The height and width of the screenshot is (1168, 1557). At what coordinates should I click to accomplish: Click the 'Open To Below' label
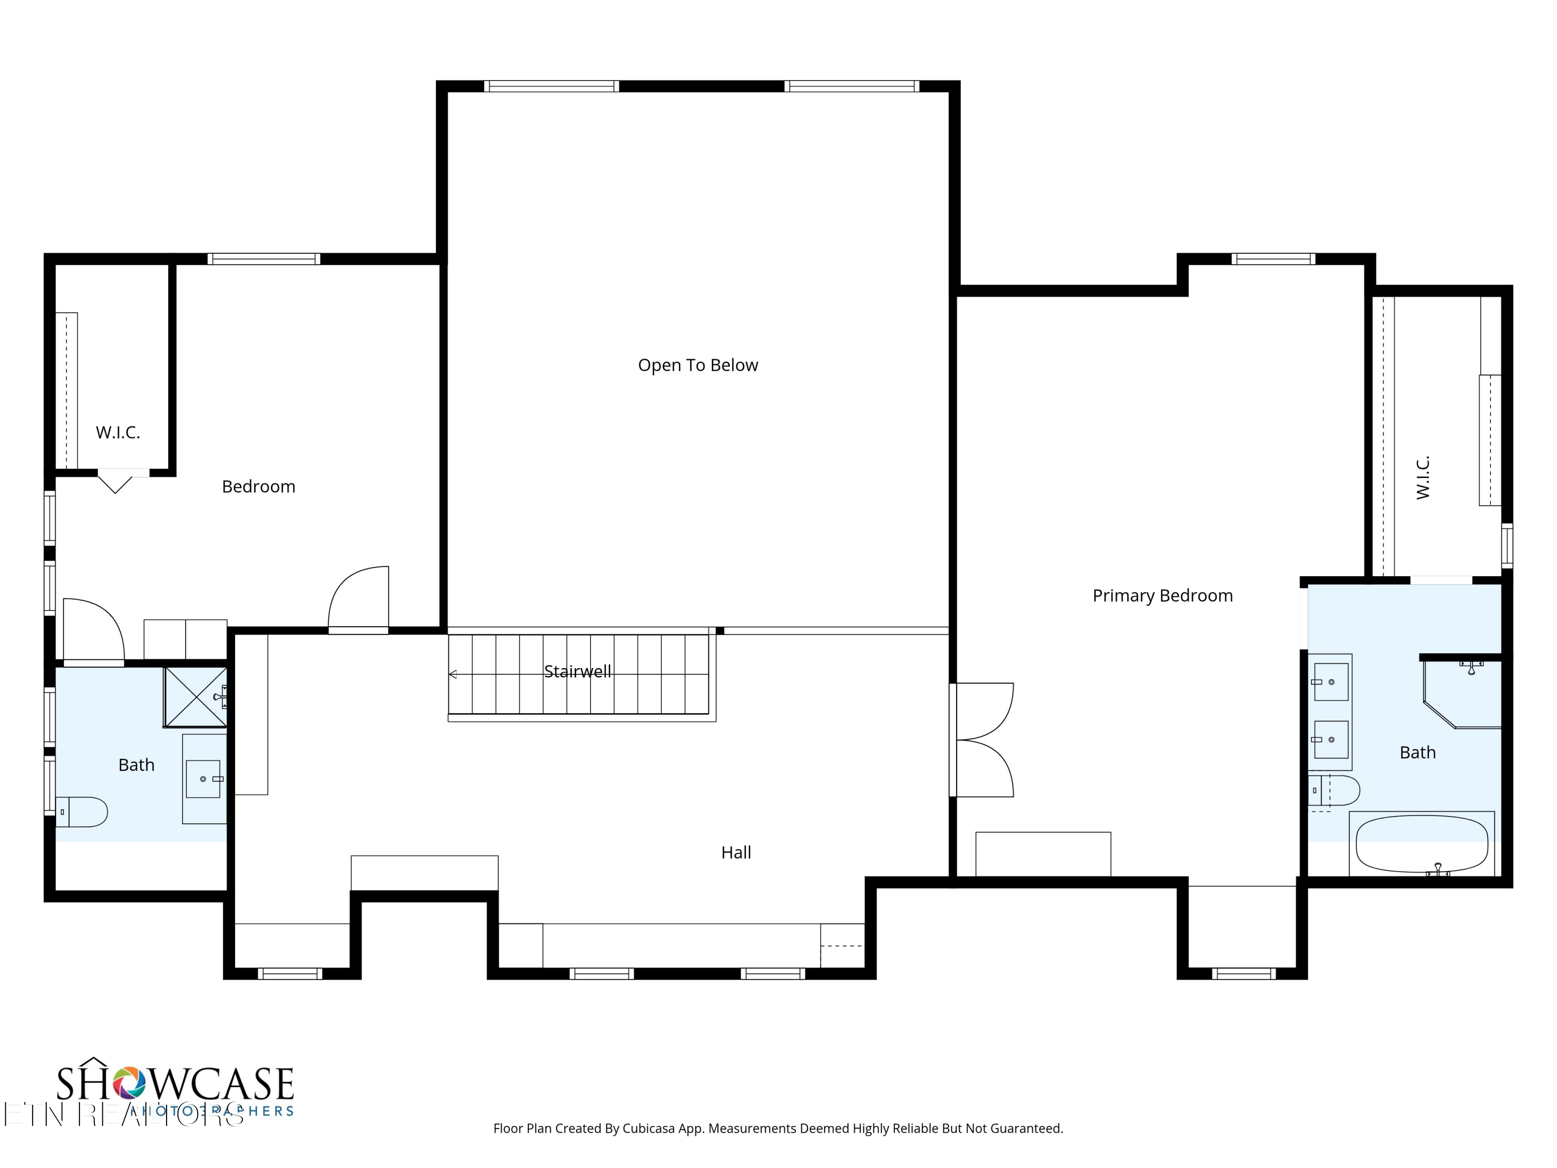(x=698, y=365)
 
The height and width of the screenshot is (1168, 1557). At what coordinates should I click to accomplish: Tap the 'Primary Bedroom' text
(x=1162, y=595)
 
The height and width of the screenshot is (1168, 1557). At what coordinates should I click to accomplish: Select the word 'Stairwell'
(x=577, y=672)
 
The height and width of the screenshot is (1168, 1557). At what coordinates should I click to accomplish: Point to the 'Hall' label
(x=735, y=852)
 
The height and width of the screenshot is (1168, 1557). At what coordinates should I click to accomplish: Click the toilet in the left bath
(x=83, y=812)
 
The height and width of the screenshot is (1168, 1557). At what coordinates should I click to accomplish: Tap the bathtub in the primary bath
(x=1421, y=844)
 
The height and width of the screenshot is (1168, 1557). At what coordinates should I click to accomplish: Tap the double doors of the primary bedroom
(x=984, y=739)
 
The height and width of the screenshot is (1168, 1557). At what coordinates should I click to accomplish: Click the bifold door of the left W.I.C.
(x=115, y=482)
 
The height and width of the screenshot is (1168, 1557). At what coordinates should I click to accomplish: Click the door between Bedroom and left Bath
(x=93, y=631)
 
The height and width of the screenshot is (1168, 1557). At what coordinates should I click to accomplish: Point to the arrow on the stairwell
(x=453, y=674)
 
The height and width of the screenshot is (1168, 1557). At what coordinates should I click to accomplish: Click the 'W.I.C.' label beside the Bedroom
(x=117, y=432)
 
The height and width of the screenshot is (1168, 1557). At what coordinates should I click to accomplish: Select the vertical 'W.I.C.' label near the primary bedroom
(x=1423, y=478)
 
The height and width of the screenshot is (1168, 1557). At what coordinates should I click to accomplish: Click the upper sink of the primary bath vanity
(x=1331, y=682)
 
